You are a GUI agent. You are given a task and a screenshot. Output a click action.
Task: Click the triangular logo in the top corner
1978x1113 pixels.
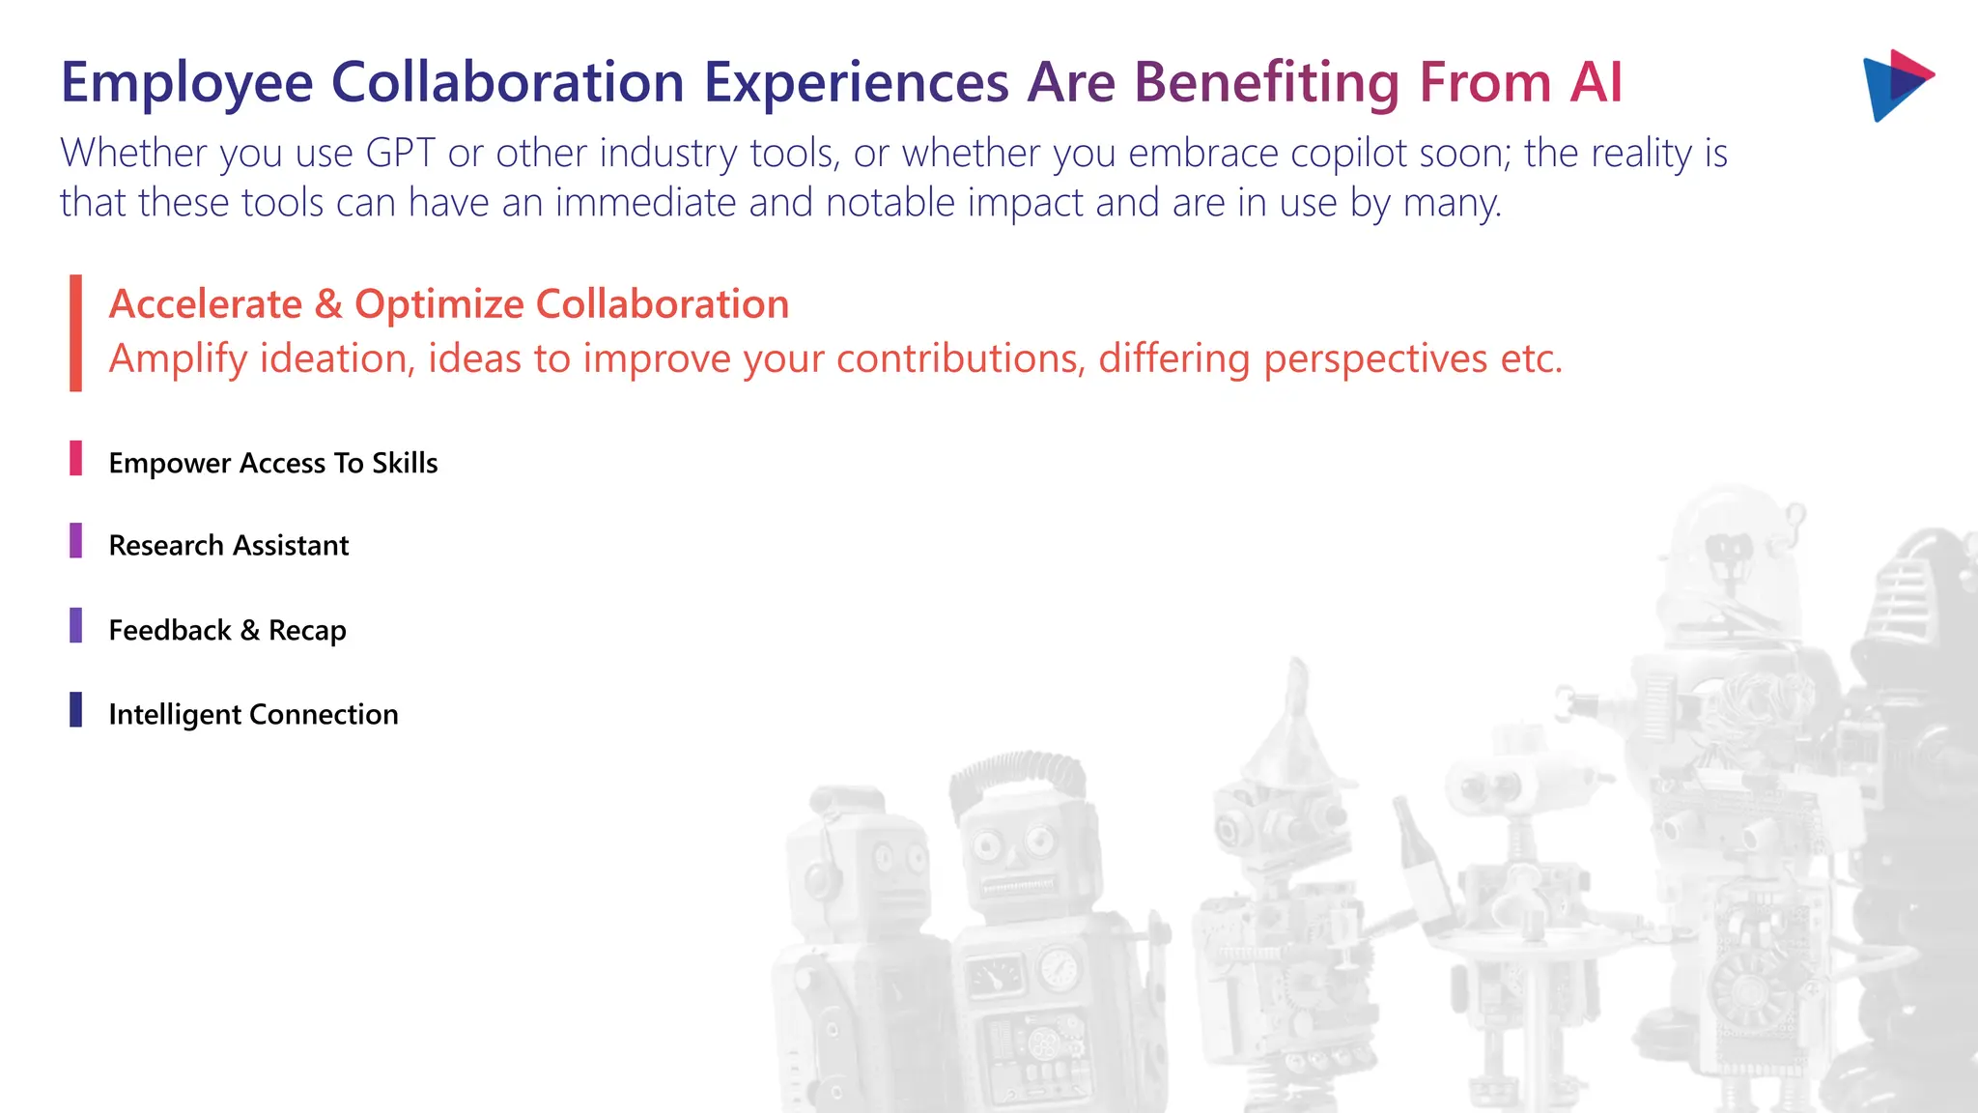pyautogui.click(x=1896, y=85)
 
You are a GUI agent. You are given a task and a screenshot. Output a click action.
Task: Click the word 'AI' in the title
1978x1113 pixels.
pyautogui.click(x=1596, y=82)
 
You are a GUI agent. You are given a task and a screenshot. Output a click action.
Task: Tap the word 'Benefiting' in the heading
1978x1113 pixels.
pyautogui.click(x=1266, y=82)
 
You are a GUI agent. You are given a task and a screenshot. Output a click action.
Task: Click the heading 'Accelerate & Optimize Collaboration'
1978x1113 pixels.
pyautogui.click(x=449, y=304)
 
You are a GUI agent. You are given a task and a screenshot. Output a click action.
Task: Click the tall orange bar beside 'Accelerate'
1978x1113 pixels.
pyautogui.click(x=75, y=333)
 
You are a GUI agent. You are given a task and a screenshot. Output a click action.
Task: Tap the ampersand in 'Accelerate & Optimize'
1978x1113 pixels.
pyautogui.click(x=328, y=304)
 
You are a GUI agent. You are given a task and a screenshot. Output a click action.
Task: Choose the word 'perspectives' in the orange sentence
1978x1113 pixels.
pyautogui.click(x=1375, y=358)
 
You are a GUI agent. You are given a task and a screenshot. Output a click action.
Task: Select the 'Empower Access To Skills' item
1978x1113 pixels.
pyautogui.click(x=273, y=463)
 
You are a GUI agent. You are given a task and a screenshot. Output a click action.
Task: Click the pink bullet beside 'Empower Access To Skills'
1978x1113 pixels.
pyautogui.click(x=75, y=458)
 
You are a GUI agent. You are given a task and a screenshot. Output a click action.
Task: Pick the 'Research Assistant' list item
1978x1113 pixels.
pyautogui.click(x=229, y=546)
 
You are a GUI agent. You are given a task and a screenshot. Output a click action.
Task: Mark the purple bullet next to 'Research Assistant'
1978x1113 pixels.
pyautogui.click(x=75, y=541)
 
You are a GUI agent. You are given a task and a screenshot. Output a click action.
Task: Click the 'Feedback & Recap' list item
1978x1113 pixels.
pyautogui.click(x=227, y=630)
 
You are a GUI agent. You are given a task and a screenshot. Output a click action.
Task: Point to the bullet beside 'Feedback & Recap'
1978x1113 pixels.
pyautogui.click(x=75, y=625)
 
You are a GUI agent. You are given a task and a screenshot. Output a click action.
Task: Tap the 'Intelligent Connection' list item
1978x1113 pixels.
pyautogui.click(x=253, y=714)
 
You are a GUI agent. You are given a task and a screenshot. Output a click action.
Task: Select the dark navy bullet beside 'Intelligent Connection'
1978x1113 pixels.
pyautogui.click(x=75, y=709)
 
